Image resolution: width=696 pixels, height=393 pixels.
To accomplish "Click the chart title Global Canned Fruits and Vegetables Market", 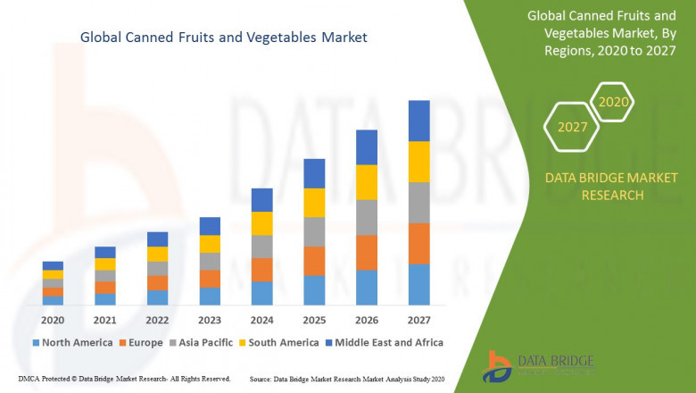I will tap(224, 38).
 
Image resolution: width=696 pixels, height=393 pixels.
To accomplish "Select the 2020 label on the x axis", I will tap(53, 320).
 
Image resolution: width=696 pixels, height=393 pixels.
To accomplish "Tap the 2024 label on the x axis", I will tap(261, 320).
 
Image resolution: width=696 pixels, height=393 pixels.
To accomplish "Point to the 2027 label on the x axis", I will tap(418, 320).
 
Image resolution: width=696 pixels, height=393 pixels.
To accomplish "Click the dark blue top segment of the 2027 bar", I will tap(418, 121).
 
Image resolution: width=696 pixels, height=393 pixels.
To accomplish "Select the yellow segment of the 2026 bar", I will tap(366, 182).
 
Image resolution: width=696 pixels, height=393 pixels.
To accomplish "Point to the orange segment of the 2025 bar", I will tap(314, 261).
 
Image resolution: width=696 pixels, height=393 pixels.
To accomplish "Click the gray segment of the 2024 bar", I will tap(261, 247).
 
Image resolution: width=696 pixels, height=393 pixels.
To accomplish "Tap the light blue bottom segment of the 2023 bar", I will tap(210, 297).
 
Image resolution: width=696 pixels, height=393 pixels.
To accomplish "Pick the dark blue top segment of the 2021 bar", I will tap(105, 252).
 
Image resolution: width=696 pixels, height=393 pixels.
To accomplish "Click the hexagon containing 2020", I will tap(613, 102).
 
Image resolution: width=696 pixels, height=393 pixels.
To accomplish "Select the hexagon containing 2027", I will tap(572, 127).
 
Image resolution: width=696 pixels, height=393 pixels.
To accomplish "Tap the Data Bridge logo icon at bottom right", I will tap(496, 366).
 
